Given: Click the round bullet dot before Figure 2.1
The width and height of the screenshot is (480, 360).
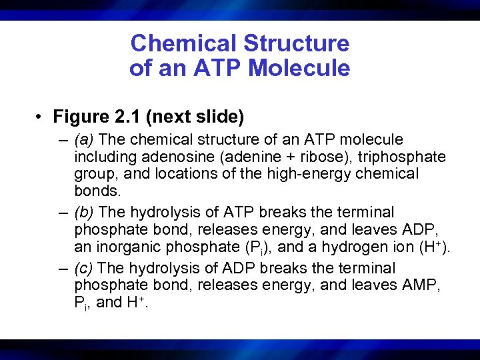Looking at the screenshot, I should click(41, 118).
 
